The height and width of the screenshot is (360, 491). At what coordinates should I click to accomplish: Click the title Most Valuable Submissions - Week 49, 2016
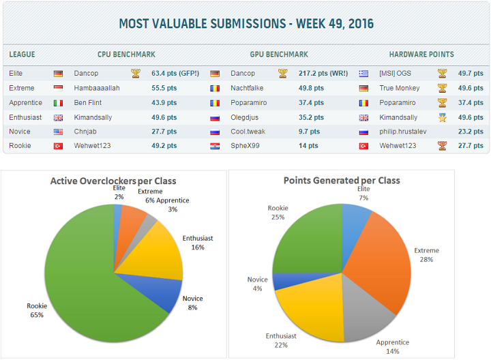pos(245,24)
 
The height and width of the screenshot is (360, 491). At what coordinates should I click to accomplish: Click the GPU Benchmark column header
pos(280,55)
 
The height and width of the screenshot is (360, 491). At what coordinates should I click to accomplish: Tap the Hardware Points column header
pos(421,55)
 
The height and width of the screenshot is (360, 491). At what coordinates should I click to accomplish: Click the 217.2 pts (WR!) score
pos(323,73)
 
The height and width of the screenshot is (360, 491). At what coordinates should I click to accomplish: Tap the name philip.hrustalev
pos(403,131)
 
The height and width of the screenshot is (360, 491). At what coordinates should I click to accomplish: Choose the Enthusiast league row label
pos(26,117)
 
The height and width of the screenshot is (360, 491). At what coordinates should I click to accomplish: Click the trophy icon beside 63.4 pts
pos(136,73)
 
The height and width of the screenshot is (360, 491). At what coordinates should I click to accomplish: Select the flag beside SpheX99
pos(215,146)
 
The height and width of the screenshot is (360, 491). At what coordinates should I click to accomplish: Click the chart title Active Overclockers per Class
pos(113,181)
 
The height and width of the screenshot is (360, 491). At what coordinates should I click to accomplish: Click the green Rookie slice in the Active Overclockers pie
pos(82,286)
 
